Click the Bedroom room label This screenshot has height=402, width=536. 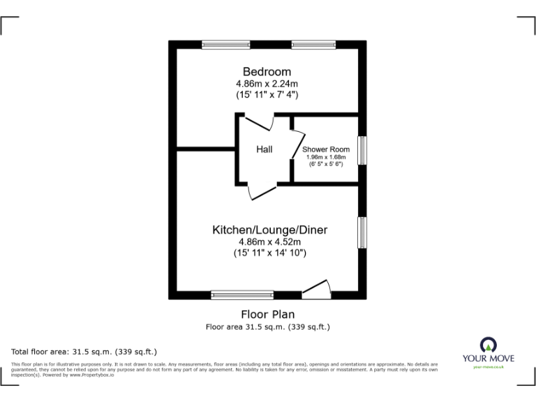pyautogui.click(x=267, y=72)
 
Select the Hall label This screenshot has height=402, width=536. pyautogui.click(x=264, y=149)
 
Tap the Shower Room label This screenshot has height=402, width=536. pyautogui.click(x=325, y=149)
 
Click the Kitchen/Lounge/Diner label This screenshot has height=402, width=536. pyautogui.click(x=269, y=230)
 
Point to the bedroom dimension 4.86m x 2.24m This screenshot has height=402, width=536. pyautogui.click(x=267, y=84)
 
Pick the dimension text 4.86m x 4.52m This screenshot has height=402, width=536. pyautogui.click(x=269, y=242)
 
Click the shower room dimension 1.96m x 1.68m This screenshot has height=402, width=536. pyautogui.click(x=325, y=158)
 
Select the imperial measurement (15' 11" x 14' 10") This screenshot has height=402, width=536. pyautogui.click(x=269, y=254)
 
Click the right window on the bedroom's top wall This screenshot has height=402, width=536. pyautogui.click(x=312, y=45)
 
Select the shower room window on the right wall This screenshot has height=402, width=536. pyautogui.click(x=362, y=150)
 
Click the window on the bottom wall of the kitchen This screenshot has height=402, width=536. pyautogui.click(x=242, y=295)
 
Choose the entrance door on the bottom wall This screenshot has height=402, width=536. pyautogui.click(x=315, y=288)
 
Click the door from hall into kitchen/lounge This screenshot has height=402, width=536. pyautogui.click(x=262, y=191)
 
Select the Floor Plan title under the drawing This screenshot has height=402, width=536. pyautogui.click(x=268, y=314)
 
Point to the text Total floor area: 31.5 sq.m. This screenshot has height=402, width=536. pyautogui.click(x=84, y=351)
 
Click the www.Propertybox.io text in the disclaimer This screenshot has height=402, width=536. pyautogui.click(x=92, y=375)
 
